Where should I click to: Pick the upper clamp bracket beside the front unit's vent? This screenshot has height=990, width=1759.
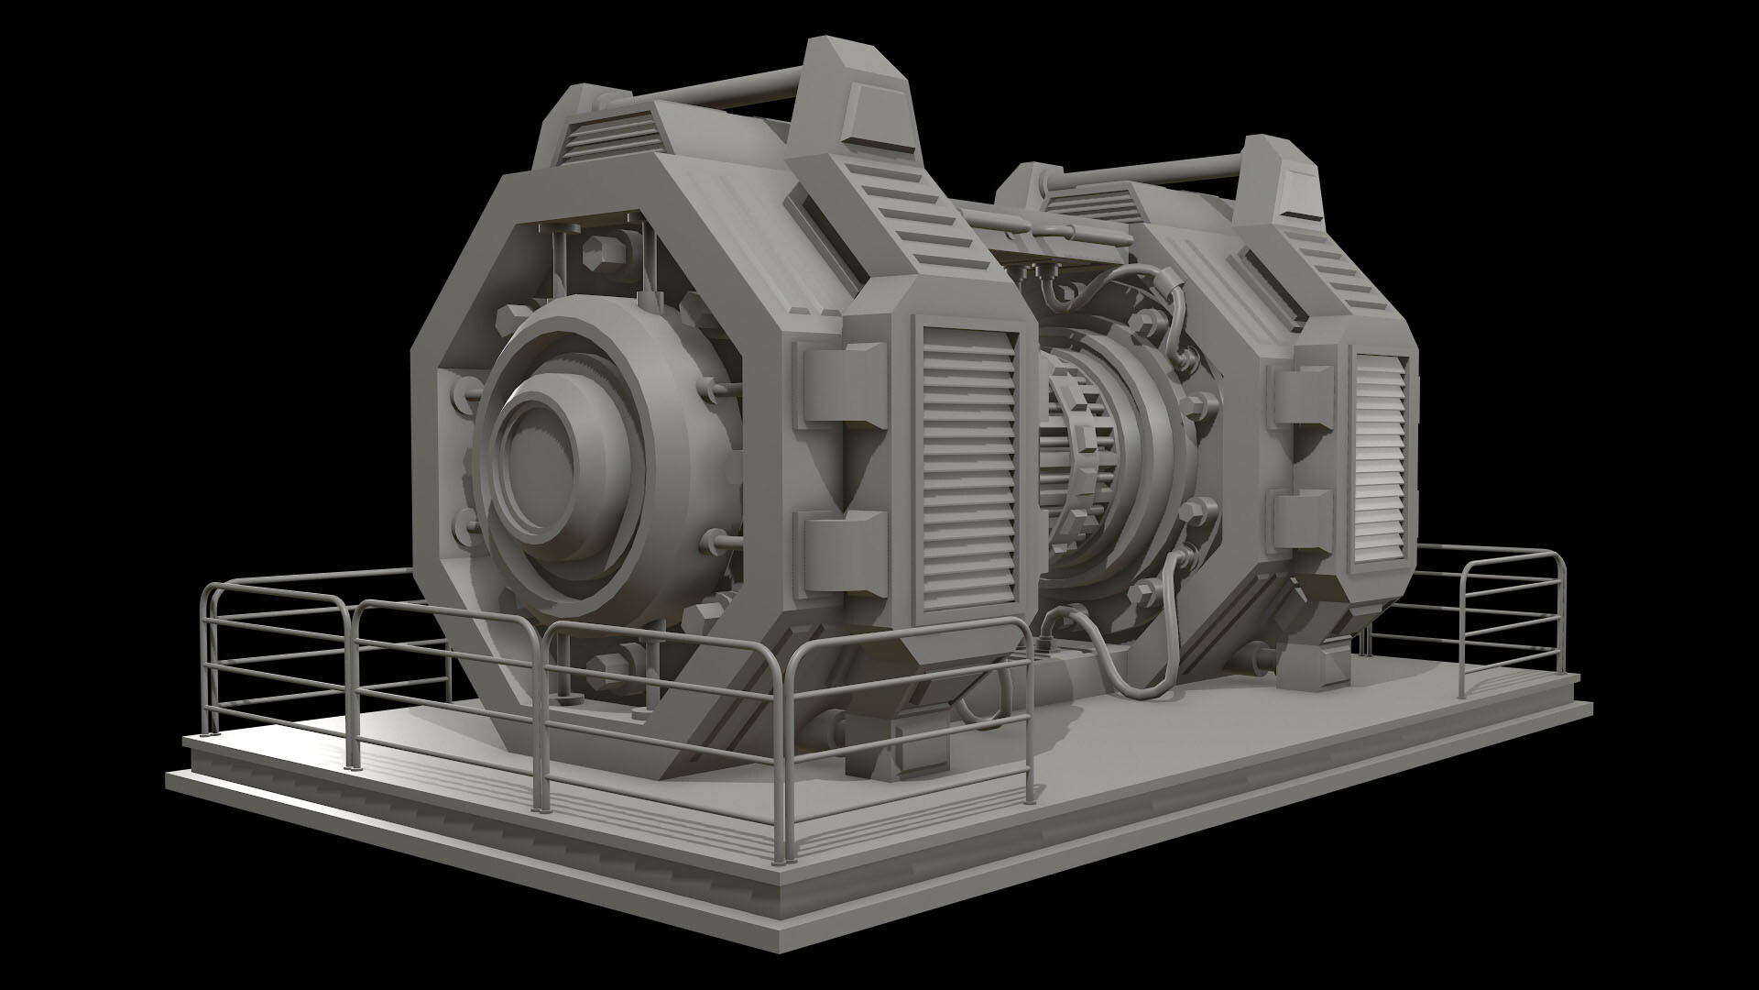[844, 384]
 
